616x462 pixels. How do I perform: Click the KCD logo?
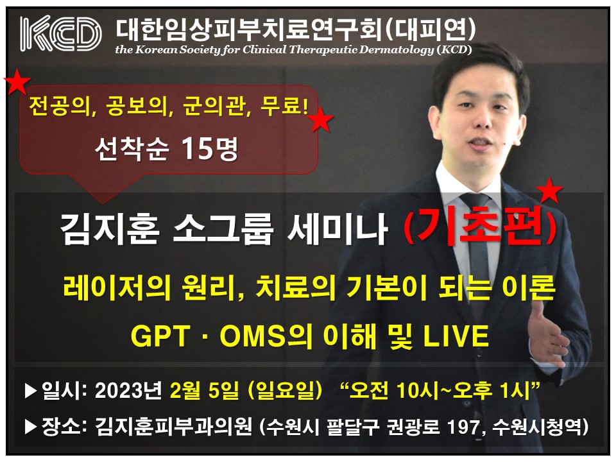click(x=60, y=33)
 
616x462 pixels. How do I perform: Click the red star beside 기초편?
click(x=549, y=191)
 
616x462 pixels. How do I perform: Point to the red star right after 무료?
click(x=321, y=119)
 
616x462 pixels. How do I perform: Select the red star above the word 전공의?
click(x=17, y=81)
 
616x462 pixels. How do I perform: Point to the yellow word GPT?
click(x=160, y=336)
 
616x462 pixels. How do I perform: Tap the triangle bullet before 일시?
click(x=31, y=391)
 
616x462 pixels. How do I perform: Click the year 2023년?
click(x=128, y=391)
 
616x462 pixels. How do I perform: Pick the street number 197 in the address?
click(x=463, y=427)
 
